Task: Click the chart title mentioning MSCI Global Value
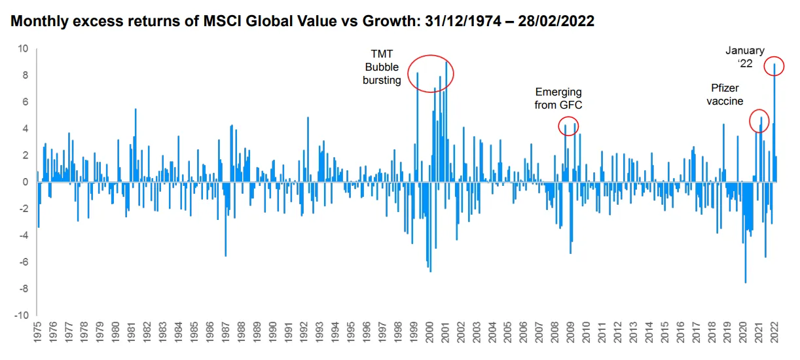pos(302,22)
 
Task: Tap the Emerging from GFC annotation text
pos(558,98)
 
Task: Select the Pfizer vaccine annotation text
pos(727,94)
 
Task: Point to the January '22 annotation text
pos(744,56)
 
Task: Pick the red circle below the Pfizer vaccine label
pos(759,121)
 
